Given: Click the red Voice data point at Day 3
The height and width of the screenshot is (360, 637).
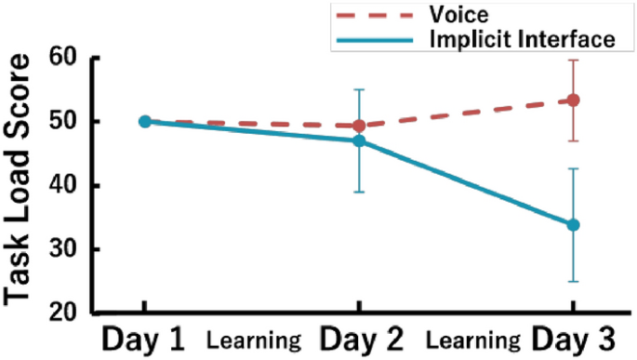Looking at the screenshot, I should (x=574, y=100).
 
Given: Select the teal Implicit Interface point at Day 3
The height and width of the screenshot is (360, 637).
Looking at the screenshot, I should (x=574, y=225).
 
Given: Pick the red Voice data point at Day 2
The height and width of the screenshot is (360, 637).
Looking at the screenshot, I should (x=359, y=126).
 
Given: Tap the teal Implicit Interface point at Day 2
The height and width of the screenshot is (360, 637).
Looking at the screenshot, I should (x=359, y=140).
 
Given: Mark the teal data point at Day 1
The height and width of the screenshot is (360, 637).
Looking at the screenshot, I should (x=144, y=121).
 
